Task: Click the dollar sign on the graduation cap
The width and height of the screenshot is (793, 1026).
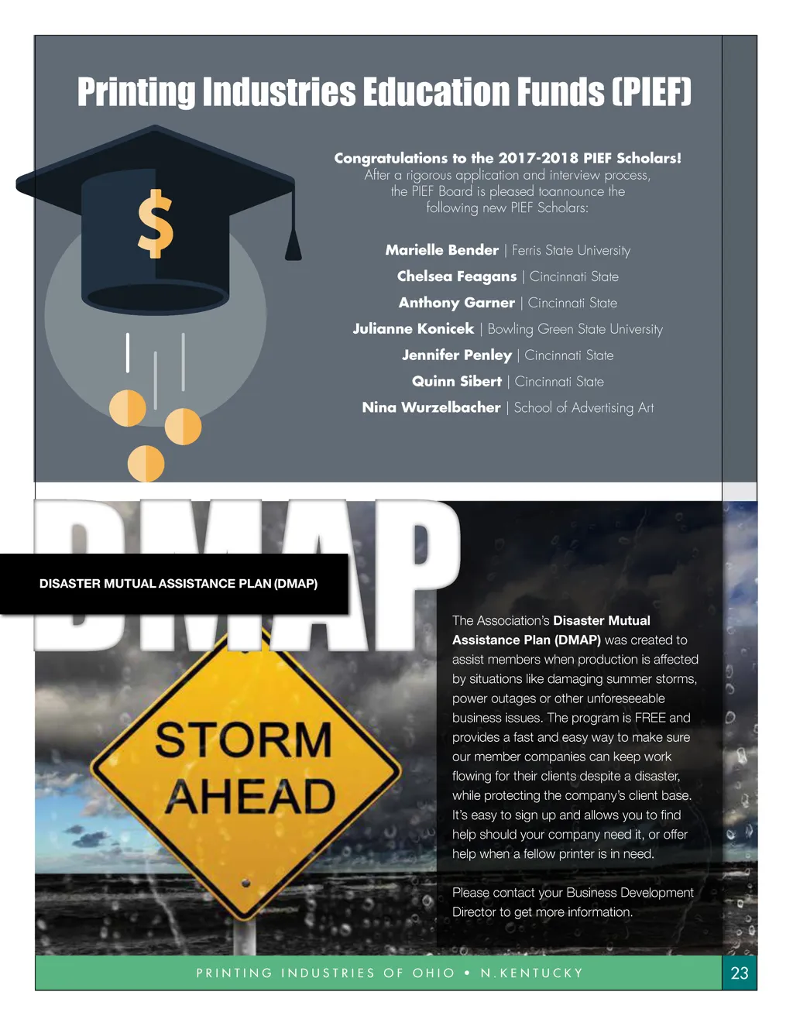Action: [x=155, y=223]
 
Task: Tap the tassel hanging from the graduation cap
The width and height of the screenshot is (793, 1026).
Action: [x=294, y=242]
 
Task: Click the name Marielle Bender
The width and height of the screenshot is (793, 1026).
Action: [x=441, y=250]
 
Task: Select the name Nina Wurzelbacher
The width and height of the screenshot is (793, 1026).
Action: [x=431, y=407]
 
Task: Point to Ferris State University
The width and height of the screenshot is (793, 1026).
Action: [x=571, y=251]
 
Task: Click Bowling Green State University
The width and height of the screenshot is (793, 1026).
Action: [x=575, y=329]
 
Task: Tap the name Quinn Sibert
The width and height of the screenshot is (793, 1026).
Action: [x=456, y=381]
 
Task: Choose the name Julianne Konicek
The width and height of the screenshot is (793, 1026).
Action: [x=413, y=328]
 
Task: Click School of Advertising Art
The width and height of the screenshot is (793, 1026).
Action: [x=584, y=407]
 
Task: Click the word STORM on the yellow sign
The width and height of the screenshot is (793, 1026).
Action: [x=243, y=739]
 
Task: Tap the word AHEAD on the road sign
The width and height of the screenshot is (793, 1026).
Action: [x=250, y=797]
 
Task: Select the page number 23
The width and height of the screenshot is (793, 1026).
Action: [x=740, y=973]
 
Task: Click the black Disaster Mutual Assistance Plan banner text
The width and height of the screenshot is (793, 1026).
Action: [x=178, y=583]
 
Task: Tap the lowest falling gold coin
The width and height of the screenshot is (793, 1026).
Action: [x=146, y=464]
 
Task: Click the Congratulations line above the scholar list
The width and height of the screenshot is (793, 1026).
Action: [x=507, y=158]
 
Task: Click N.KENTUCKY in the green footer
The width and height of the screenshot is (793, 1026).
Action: [x=531, y=973]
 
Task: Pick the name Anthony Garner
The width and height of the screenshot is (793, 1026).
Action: [x=456, y=303]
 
